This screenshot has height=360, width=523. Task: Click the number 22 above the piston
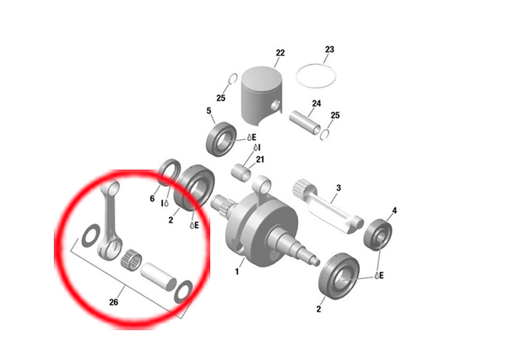280,53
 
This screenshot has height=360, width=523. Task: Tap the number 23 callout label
329,49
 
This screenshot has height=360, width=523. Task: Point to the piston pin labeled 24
305,122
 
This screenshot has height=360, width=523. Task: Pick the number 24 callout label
316,104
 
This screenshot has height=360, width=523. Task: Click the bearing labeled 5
221,139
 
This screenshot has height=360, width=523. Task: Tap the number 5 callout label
209,111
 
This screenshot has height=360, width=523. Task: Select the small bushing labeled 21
241,172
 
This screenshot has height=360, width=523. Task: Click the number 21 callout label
260,160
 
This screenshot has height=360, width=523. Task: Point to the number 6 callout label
152,198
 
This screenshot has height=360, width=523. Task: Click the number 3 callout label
338,188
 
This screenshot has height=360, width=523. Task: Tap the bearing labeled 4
378,234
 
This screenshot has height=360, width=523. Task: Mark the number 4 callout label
394,210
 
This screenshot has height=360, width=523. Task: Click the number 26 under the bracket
113,302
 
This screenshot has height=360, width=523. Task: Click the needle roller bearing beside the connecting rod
131,260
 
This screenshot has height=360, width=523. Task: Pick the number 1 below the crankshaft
237,272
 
